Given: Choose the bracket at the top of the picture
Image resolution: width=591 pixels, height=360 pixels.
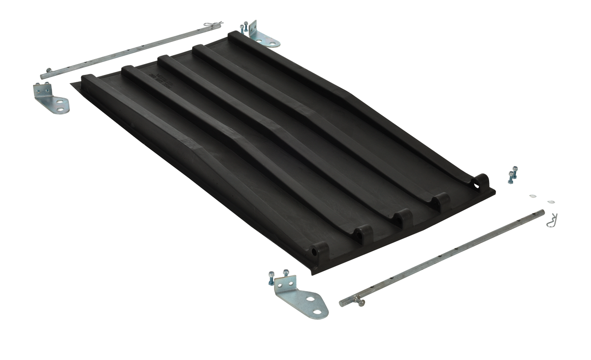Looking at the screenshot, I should point(262,35).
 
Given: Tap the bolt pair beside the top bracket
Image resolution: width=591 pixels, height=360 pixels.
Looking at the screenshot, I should point(243,29).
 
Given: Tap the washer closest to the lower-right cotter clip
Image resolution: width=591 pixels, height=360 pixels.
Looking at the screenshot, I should point(551,201).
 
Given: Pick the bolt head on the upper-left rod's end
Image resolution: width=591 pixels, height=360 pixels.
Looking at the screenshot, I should point(48,70).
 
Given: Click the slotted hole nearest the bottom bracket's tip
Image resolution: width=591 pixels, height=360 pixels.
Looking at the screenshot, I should point(311,298).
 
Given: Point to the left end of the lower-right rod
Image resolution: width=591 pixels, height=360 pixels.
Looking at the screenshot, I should point(342,303).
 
